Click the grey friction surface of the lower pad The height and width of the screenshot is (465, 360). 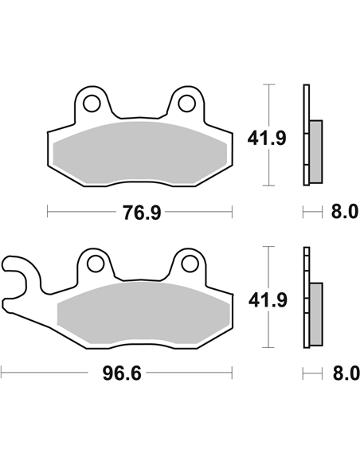click(x=143, y=314)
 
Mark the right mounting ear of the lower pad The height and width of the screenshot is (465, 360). click(x=190, y=268)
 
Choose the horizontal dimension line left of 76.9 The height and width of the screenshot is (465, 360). click(x=80, y=213)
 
